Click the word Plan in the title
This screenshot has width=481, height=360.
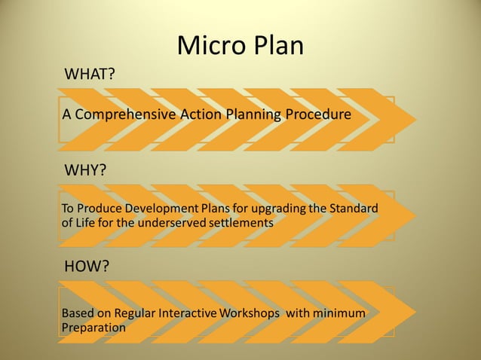tap(274, 47)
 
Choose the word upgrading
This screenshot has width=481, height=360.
tap(270, 209)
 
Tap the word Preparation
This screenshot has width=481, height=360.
tap(93, 328)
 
